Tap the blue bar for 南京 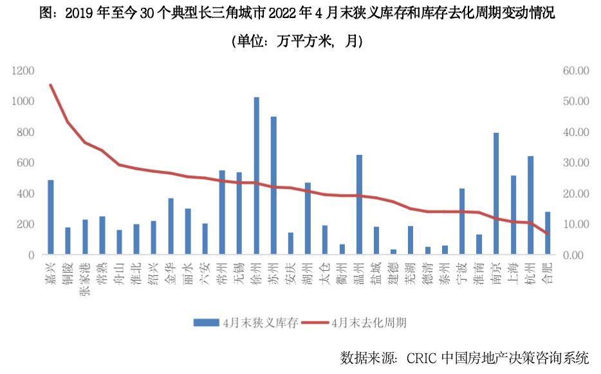(496, 193)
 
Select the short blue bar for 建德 (393, 252)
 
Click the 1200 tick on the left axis (23, 70)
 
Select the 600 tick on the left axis (26, 162)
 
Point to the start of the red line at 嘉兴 (51, 85)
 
